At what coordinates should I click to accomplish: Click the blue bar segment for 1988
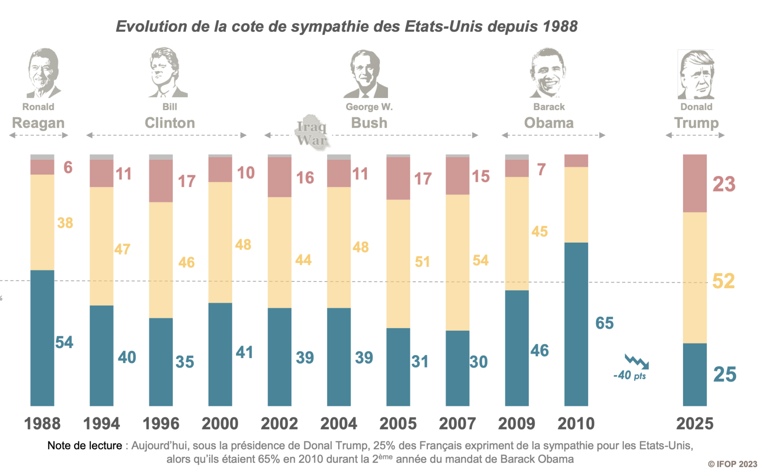[42, 338]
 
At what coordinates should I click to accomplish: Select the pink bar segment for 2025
[694, 183]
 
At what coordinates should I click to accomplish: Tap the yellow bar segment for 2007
[457, 262]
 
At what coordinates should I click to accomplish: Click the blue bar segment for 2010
[576, 324]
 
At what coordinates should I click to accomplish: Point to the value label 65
[604, 323]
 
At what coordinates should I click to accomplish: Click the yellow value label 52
[723, 281]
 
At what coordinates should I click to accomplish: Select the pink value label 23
[724, 184]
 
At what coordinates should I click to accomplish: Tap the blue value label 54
[64, 342]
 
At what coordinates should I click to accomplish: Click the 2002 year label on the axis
[279, 423]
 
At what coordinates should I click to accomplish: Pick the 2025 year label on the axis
[694, 423]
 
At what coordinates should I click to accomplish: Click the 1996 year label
[161, 423]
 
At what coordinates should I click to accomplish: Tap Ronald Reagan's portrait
[43, 73]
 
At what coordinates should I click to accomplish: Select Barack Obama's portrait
[548, 73]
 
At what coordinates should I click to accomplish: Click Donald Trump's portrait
[696, 75]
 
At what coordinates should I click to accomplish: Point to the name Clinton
[170, 123]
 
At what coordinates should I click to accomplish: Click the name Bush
[369, 123]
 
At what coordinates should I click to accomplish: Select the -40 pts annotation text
[629, 375]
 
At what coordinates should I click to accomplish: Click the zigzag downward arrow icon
[637, 362]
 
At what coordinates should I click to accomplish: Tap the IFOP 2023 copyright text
[732, 464]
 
